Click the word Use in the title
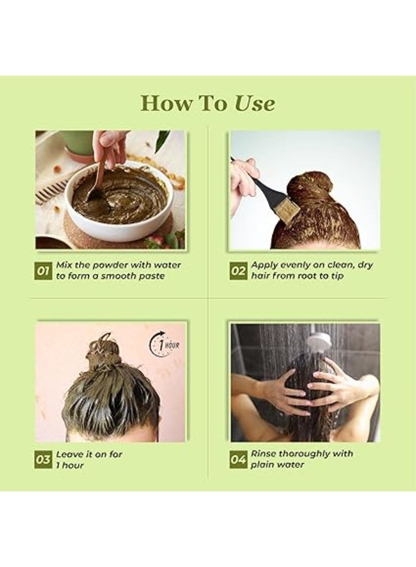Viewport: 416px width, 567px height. (255, 103)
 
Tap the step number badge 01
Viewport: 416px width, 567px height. (43, 271)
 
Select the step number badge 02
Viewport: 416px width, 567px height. (238, 271)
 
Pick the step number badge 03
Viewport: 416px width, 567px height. (43, 460)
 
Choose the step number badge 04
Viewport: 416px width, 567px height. (238, 460)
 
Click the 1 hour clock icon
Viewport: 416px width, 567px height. (165, 345)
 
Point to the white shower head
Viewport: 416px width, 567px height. (318, 340)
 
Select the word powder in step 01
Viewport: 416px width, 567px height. (110, 265)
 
